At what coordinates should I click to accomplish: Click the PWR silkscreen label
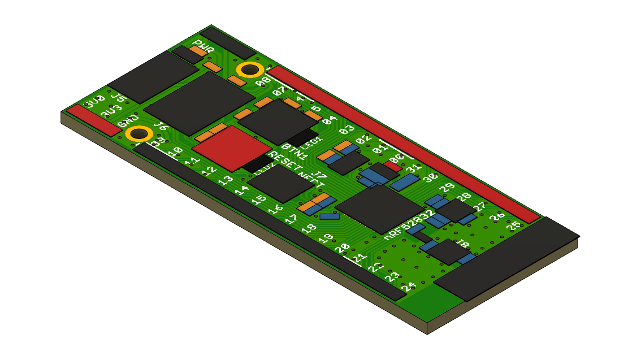203,46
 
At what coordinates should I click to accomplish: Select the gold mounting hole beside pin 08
249,70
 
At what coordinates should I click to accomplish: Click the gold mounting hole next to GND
138,135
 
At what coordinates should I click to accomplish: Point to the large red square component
232,148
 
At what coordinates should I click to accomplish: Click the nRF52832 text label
409,225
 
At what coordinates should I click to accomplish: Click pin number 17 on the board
291,219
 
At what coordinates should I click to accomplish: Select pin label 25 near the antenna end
514,226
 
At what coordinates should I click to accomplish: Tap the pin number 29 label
447,187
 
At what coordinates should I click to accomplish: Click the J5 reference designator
118,97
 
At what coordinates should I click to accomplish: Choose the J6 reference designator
161,127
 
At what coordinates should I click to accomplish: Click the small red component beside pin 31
393,167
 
